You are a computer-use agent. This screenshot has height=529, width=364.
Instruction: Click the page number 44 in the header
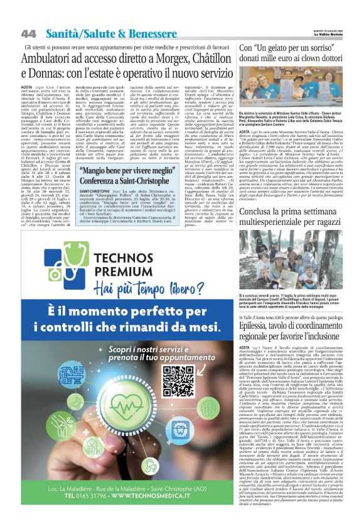(29, 33)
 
